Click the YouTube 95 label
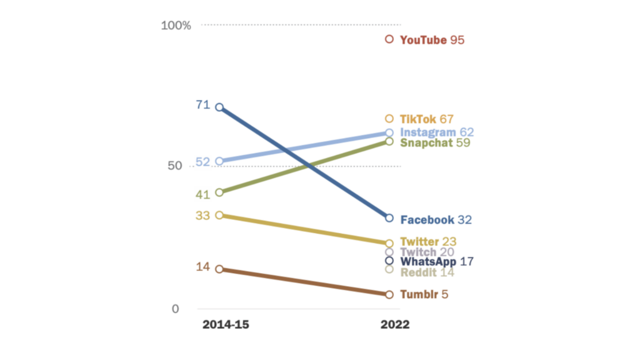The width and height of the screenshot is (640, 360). (x=432, y=40)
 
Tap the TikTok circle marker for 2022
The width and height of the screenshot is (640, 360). (x=389, y=119)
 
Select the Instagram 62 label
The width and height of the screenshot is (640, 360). (x=437, y=132)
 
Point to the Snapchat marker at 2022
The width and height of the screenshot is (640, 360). (x=389, y=142)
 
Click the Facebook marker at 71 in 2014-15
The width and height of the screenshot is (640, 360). (x=219, y=107)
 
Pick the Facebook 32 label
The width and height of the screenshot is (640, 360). (x=436, y=220)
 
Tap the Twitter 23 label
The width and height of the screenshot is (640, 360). (x=428, y=242)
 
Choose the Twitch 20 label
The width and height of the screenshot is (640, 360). (x=427, y=252)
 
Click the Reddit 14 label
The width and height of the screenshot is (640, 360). (x=427, y=272)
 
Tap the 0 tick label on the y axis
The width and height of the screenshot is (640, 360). (x=176, y=309)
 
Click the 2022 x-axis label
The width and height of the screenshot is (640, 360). (x=395, y=326)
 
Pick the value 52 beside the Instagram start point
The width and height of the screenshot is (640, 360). (x=202, y=162)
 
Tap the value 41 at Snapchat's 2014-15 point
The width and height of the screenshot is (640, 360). (x=202, y=194)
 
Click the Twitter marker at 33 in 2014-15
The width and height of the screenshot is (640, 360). (x=219, y=215)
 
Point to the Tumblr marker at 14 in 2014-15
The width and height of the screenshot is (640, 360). (x=219, y=269)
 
